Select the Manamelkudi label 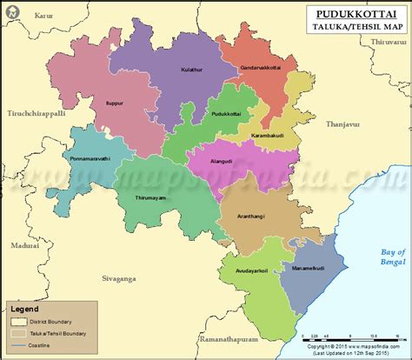[x=308, y=270]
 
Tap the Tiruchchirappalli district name [x=37, y=113]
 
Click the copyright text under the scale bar [x=356, y=346]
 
